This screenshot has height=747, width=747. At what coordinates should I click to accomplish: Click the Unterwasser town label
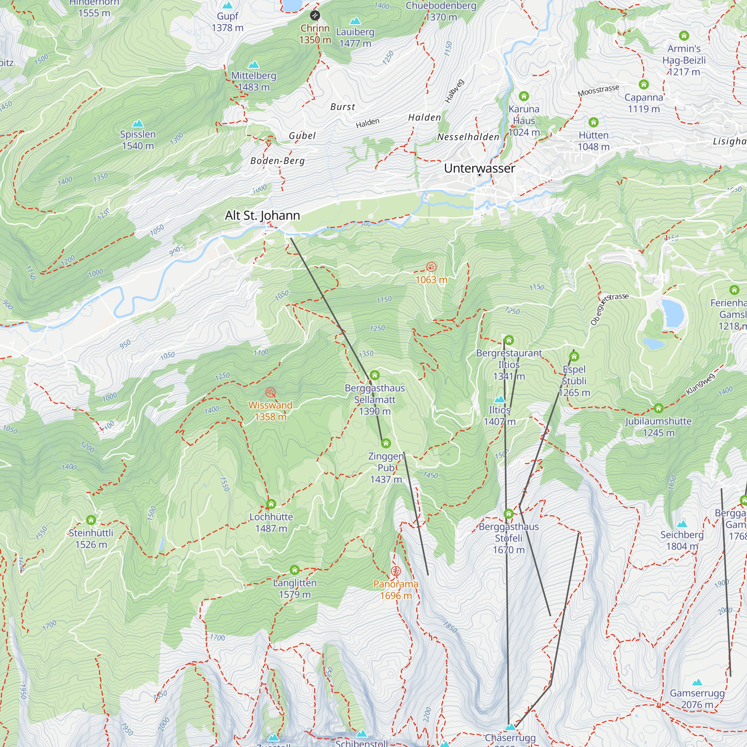tap(479, 168)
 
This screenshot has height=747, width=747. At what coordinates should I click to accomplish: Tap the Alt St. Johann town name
tap(262, 216)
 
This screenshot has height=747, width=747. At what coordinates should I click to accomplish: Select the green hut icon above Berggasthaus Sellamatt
tap(374, 375)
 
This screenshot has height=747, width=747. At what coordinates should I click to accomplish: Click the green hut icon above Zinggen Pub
tap(385, 443)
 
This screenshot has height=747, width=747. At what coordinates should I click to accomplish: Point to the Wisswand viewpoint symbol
tap(270, 393)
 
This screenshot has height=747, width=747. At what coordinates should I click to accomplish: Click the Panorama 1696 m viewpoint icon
tap(396, 571)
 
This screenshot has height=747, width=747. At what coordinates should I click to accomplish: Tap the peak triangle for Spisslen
tap(138, 124)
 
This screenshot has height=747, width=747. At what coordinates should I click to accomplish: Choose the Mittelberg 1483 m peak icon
tap(253, 65)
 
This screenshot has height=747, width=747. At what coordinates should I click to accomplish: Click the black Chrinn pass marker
tap(315, 15)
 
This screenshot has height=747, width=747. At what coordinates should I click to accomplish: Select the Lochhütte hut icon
tap(271, 504)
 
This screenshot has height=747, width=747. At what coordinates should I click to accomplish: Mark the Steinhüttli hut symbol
tap(91, 520)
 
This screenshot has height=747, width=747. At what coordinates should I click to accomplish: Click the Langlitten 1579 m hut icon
tap(295, 570)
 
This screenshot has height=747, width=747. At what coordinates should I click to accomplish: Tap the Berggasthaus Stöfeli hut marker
tap(508, 514)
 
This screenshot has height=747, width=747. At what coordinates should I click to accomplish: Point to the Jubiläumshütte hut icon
tap(658, 408)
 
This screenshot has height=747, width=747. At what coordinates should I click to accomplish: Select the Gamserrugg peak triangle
tap(697, 682)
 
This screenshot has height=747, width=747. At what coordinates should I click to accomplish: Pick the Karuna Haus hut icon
tap(524, 96)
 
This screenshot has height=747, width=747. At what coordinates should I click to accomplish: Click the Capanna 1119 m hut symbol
tap(644, 84)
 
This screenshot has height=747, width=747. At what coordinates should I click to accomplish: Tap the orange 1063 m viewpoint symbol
tap(431, 267)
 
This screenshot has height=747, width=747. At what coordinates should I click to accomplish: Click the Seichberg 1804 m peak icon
tap(682, 524)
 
